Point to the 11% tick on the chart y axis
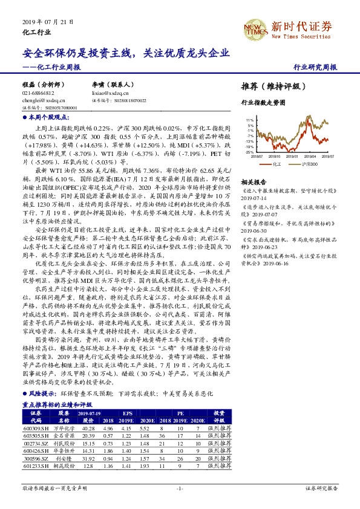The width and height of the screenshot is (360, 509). pyautogui.click(x=250, y=121)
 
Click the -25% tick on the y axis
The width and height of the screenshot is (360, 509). pyautogui.click(x=249, y=153)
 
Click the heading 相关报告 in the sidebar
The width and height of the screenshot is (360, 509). pyautogui.click(x=254, y=182)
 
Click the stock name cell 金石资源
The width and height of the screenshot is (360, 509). pyautogui.click(x=64, y=435)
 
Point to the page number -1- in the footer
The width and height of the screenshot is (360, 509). pyautogui.click(x=180, y=487)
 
